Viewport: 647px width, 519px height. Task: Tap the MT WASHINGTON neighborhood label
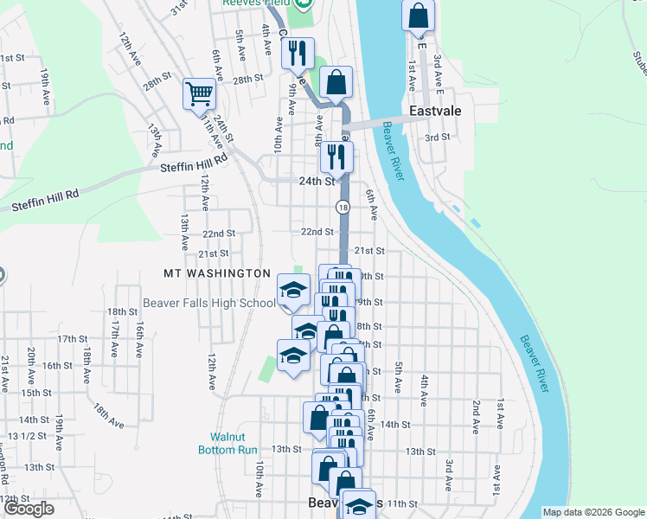217,273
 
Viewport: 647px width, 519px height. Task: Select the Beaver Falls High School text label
209,303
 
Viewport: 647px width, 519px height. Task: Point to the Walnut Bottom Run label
235,443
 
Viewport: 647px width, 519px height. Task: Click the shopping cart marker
199,93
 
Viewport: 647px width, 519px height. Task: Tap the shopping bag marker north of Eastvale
419,17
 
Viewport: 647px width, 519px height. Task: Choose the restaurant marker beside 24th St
336,157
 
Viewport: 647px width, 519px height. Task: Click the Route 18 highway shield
343,207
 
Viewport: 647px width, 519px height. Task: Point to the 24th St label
317,182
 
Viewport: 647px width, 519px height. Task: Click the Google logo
29,509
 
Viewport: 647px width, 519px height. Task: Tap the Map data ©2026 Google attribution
593,512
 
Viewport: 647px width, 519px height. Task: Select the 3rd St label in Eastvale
438,137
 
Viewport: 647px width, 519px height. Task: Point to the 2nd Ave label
476,416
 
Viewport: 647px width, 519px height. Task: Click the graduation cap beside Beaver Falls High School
293,289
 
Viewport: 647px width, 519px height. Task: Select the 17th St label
73,339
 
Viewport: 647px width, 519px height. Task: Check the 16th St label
57,366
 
